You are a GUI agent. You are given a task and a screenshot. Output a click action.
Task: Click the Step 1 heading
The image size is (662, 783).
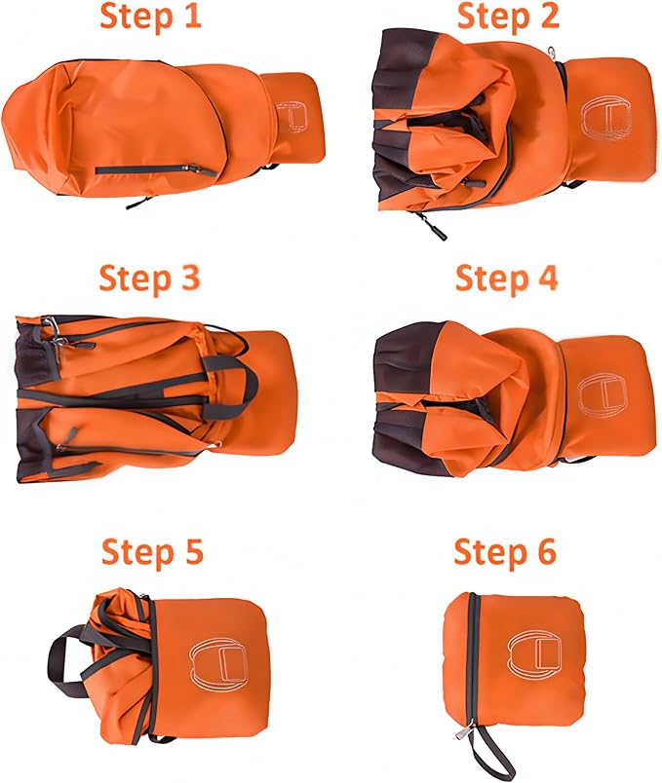coord(150,16)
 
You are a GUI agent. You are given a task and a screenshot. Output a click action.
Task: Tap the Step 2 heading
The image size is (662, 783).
coord(508,16)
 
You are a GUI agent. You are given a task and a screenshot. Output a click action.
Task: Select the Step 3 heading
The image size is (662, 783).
coord(149,279)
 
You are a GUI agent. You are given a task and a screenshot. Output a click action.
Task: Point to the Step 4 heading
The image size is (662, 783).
coord(506,279)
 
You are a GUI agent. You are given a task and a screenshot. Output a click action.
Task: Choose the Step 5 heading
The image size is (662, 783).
coord(152,551)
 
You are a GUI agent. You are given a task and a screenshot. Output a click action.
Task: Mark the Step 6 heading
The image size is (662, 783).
coord(505,551)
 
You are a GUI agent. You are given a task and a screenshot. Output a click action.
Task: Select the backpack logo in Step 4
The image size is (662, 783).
coord(603,394)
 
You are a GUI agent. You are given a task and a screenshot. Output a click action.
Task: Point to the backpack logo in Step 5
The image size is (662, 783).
coord(219,662)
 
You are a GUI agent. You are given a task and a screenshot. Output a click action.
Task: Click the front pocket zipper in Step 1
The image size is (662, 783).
coord(156,170)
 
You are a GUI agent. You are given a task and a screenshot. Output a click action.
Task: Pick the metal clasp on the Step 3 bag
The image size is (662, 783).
coord(54,329)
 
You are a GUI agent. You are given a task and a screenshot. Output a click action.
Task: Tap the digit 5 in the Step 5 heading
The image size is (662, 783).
coord(192,551)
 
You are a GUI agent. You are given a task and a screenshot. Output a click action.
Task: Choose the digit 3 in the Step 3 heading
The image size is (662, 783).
coord(189,279)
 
